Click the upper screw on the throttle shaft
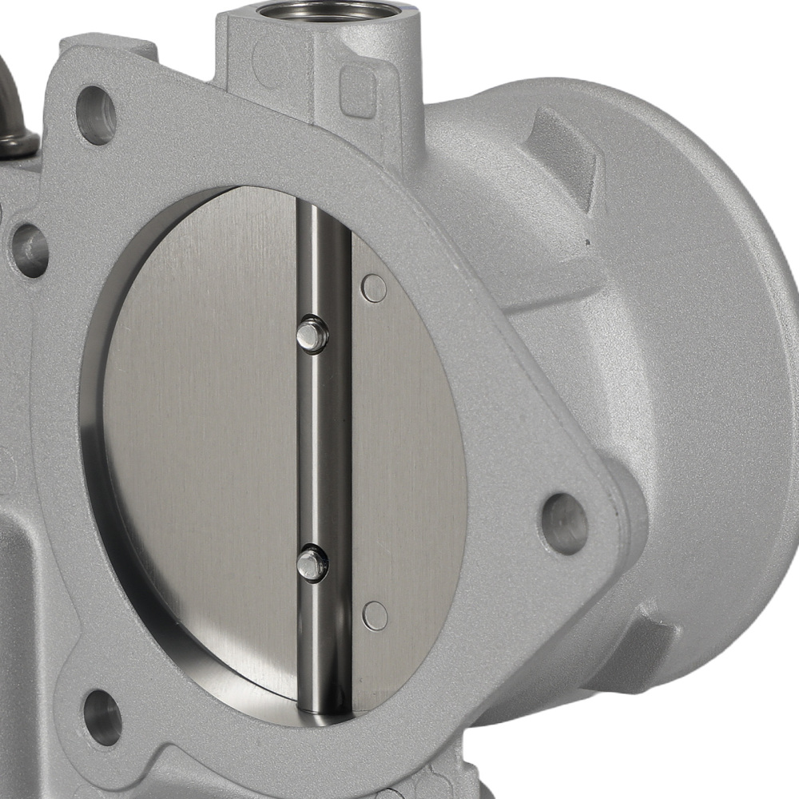click(x=312, y=334)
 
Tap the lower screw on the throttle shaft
click(x=312, y=563)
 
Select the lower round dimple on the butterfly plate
click(x=375, y=615)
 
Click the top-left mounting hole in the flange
click(x=97, y=115)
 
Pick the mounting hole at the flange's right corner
click(x=564, y=523)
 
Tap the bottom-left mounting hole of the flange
click(x=102, y=716)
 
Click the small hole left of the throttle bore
click(x=30, y=250)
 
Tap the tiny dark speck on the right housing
click(x=589, y=242)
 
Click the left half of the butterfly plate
click(x=200, y=439)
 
